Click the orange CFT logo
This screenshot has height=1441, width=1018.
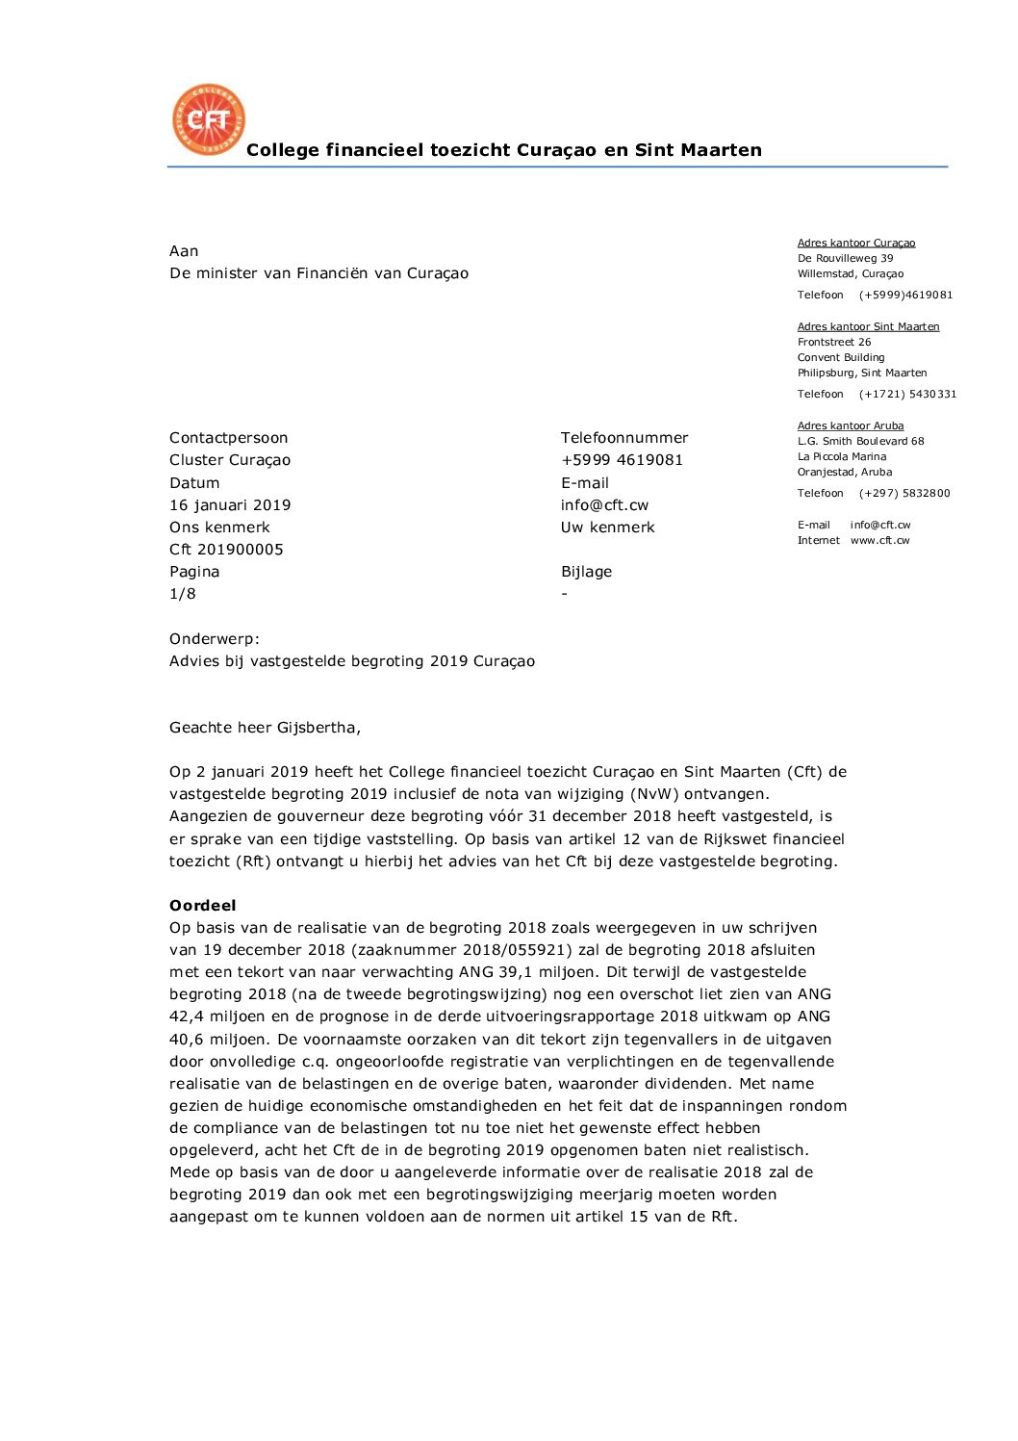coord(208,119)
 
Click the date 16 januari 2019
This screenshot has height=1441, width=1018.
coord(230,505)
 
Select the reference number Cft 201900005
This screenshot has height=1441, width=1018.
coord(226,550)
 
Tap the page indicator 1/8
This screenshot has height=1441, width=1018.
coord(183,594)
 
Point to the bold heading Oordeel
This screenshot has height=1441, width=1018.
coord(202,906)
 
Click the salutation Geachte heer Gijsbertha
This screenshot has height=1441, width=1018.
coord(265,728)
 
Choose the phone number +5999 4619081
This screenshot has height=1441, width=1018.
coord(622,460)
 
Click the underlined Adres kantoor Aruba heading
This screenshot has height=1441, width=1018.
coord(851,425)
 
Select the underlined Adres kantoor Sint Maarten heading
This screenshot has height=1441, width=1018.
coord(868,326)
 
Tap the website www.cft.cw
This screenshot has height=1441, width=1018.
coord(879,541)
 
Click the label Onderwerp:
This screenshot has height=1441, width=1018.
coord(215,639)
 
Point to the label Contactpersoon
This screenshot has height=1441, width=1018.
coord(228,438)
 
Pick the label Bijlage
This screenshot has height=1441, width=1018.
coord(586,572)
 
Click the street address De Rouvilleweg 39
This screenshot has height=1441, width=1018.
coord(845,258)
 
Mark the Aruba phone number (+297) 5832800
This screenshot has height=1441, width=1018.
coord(904,494)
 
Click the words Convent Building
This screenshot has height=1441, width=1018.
coord(841,357)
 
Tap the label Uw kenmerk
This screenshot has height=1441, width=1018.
coord(607,528)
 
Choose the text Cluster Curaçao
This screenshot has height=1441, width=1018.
coord(230,460)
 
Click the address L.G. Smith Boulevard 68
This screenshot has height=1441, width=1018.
coord(860,441)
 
